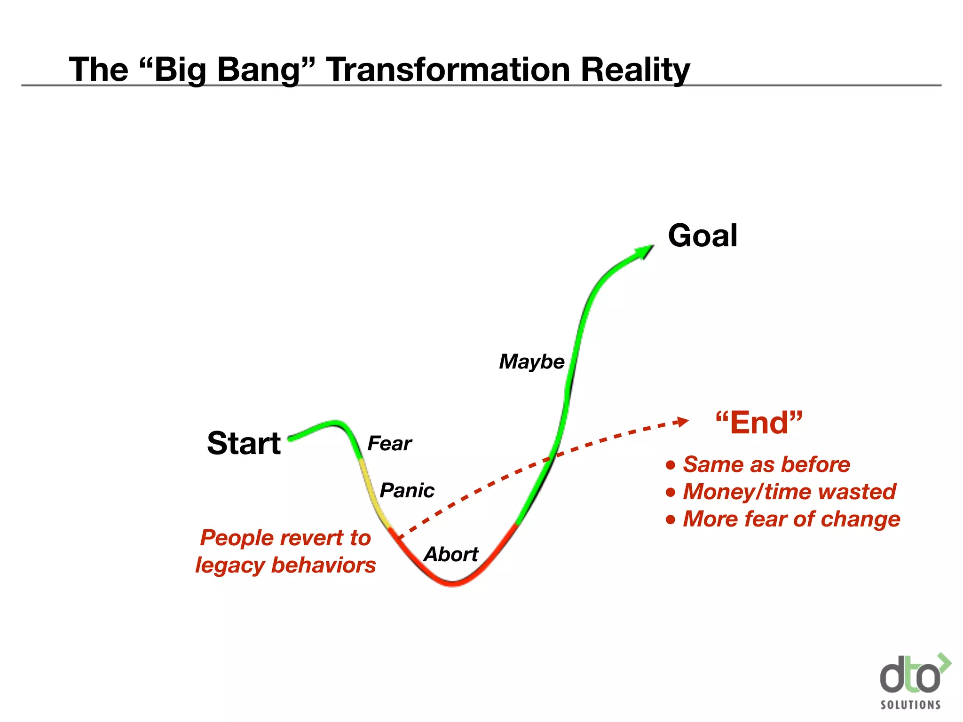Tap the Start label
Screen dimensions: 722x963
(x=244, y=443)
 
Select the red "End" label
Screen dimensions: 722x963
(x=758, y=423)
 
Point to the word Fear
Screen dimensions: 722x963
(x=389, y=443)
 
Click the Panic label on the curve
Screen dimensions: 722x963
(x=407, y=490)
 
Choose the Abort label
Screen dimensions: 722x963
(x=451, y=555)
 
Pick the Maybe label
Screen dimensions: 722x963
(x=531, y=361)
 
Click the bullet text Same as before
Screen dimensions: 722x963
(x=766, y=464)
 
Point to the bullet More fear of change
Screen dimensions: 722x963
(x=791, y=519)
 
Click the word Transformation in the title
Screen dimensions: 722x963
(x=448, y=70)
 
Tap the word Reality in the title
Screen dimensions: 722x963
(x=635, y=70)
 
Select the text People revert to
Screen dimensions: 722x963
(x=285, y=538)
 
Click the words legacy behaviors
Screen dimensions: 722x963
(x=285, y=565)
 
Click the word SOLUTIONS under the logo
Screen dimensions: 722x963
(x=910, y=705)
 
